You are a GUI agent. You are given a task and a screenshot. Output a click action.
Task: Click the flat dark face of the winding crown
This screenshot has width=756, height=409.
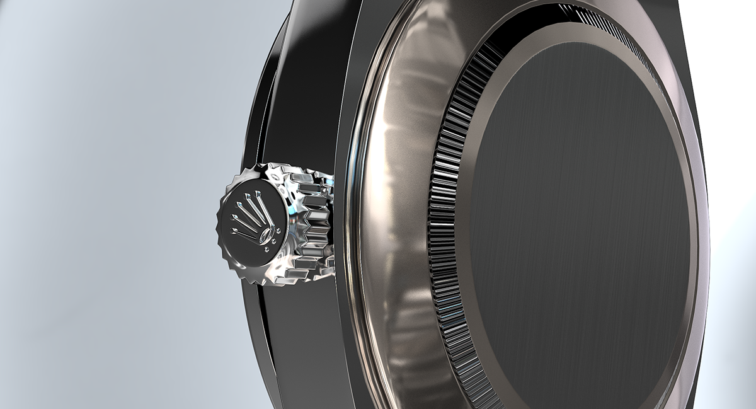point(239,249)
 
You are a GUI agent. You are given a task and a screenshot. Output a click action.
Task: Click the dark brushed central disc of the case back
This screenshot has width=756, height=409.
point(580,221)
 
